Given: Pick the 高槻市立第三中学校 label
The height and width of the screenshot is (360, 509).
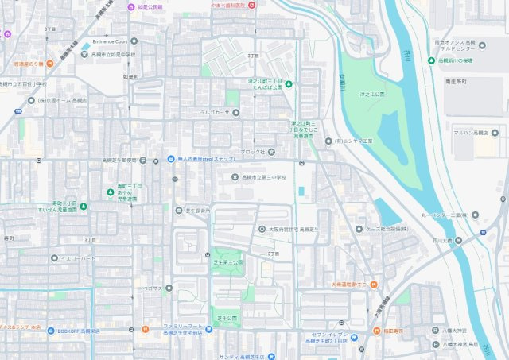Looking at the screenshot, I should (268, 177).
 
